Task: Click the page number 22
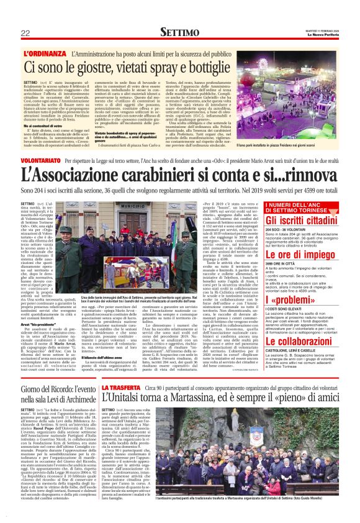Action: tap(25, 33)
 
